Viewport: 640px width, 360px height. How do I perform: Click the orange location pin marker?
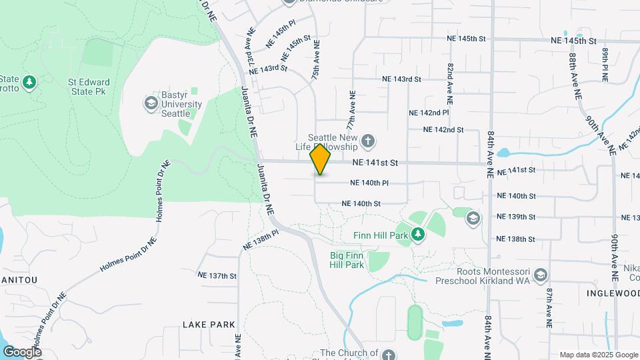coord(321,159)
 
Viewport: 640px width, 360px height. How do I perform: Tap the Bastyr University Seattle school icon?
coord(151,103)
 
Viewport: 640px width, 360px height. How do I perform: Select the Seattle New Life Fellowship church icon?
coord(367,141)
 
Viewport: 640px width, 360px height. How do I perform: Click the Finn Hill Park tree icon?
coord(417,234)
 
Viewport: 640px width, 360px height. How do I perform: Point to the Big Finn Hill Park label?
coord(347,260)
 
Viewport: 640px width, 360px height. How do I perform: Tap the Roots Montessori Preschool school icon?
coord(540,275)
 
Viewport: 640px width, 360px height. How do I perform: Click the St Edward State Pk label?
coord(89,87)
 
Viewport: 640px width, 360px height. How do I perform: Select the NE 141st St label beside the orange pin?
coord(375,163)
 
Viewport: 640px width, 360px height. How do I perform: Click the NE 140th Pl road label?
coord(369,183)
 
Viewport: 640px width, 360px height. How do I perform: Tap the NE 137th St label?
coord(217,275)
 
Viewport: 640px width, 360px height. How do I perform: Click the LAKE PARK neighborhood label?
coord(209,325)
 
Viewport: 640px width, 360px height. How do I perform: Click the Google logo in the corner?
coord(22,351)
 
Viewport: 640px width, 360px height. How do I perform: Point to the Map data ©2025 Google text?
coord(598,355)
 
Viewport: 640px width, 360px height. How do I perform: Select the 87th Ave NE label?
coord(549,308)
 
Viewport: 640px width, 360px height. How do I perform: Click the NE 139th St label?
coord(517,217)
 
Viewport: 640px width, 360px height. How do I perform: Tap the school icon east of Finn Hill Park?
coord(473,218)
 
